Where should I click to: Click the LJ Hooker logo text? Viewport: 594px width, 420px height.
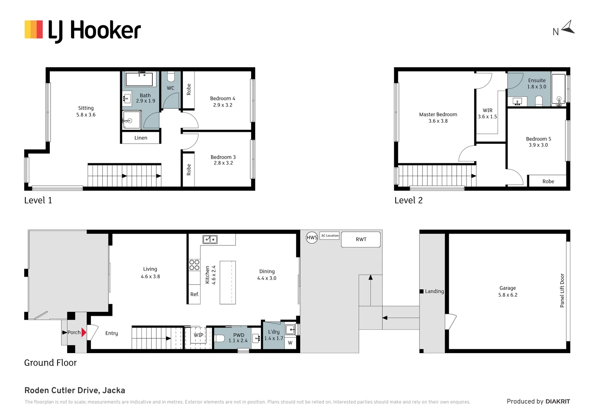pos(94,30)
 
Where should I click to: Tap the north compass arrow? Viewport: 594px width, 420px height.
pos(568,28)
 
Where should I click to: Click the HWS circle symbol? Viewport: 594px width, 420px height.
pos(312,238)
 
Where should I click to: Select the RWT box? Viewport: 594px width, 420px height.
pos(361,240)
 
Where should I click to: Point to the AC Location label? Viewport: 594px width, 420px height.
pos(330,236)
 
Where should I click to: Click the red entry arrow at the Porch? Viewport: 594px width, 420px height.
pos(84,332)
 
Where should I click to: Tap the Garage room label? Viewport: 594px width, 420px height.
pos(508,291)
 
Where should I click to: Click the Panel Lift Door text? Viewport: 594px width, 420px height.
pos(562,290)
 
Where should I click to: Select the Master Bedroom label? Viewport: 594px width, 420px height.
pos(438,117)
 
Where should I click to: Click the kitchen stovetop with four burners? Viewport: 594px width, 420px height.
pos(194,265)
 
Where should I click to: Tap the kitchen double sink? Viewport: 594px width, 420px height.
pos(210,240)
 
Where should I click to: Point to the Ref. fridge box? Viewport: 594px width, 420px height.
pos(195,294)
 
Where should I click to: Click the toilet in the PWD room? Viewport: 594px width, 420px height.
pos(220,338)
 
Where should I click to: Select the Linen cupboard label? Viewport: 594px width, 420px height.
pos(141,138)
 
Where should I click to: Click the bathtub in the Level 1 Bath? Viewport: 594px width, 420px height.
pos(139,79)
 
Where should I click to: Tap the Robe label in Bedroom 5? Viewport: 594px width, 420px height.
pos(548,181)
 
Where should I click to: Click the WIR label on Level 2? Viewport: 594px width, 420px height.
pos(487,113)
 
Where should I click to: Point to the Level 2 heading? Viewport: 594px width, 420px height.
pos(408,200)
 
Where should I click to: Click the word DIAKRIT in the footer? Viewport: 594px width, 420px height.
pos(557,401)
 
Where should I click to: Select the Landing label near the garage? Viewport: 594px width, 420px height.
pos(434,291)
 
